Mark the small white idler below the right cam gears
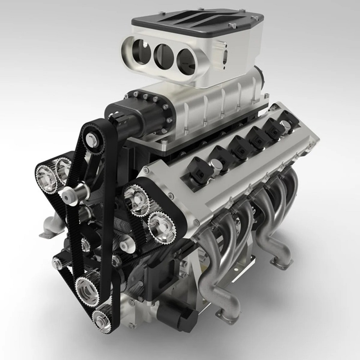pyautogui.click(x=124, y=246)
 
